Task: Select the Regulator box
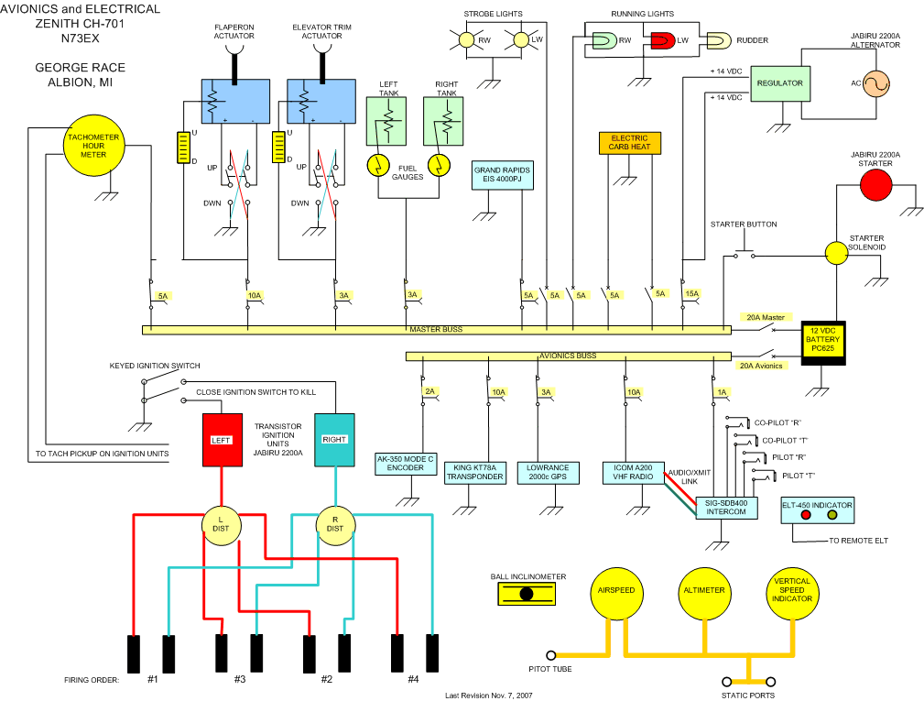click(780, 83)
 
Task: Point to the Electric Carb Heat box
click(629, 143)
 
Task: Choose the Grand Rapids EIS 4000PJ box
click(502, 176)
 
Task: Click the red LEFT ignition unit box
click(222, 440)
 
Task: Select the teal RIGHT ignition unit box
click(334, 440)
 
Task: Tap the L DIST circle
click(220, 523)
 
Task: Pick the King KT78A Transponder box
click(474, 472)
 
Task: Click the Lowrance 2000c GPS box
click(548, 472)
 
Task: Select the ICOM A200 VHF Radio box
click(633, 472)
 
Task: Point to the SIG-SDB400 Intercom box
click(726, 507)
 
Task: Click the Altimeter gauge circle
click(703, 591)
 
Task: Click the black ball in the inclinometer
click(527, 594)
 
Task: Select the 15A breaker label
click(691, 295)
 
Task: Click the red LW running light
click(662, 40)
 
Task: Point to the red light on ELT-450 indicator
click(807, 516)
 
